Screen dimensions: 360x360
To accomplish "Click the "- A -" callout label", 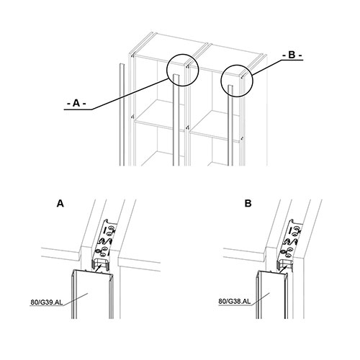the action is (x=76, y=104).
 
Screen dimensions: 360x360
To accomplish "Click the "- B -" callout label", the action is (x=292, y=55).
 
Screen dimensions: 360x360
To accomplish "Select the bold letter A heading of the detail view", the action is (x=60, y=204).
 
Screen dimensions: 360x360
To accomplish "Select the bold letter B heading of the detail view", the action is (x=248, y=204).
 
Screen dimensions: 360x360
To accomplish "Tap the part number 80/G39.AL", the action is (x=47, y=302).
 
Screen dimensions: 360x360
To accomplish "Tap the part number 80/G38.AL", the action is (x=235, y=301).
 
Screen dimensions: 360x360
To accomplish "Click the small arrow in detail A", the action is (x=98, y=268).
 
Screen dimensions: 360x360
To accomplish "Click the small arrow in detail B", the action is (x=283, y=269).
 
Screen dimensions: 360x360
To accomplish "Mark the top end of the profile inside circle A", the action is (x=176, y=75).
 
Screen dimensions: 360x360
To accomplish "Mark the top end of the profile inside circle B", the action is (x=230, y=86).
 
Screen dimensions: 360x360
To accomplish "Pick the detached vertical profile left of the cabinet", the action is (x=122, y=114).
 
